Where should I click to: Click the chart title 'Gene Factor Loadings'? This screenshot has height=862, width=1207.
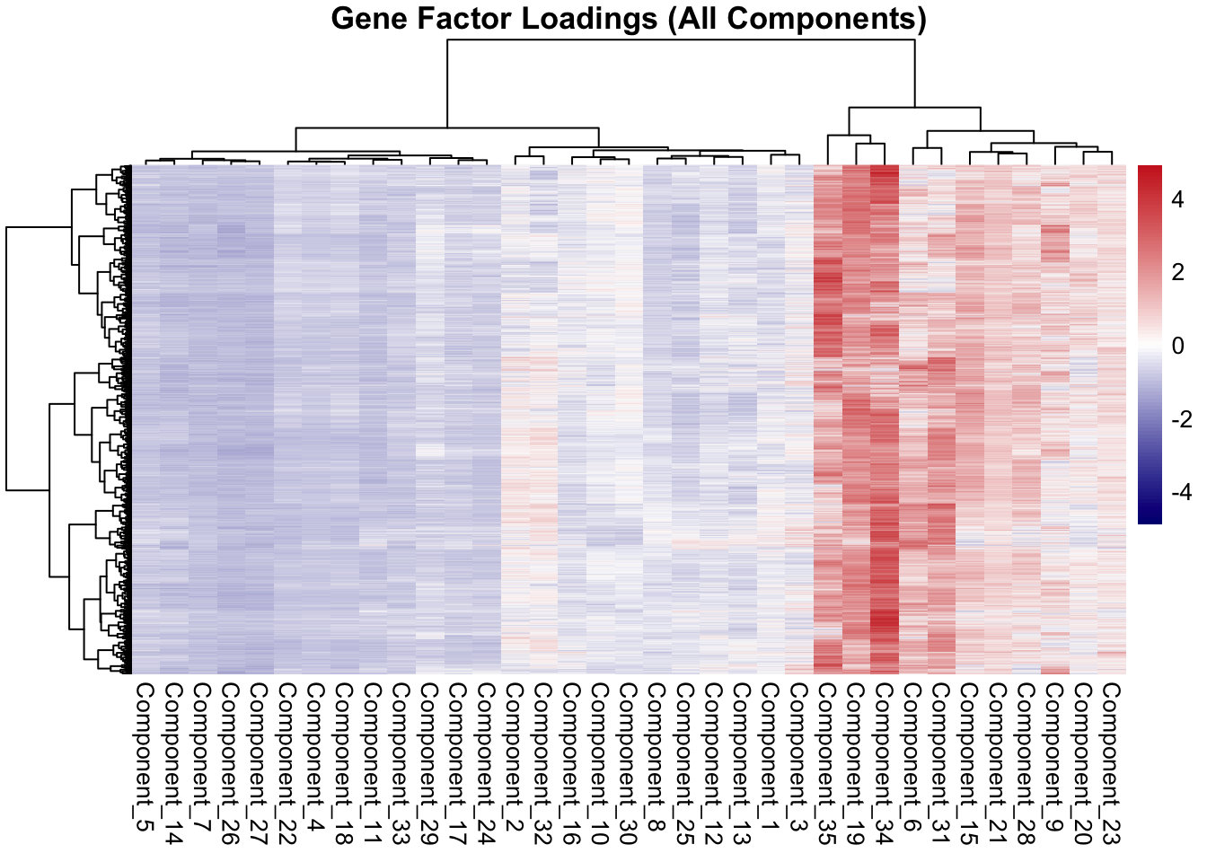click(x=629, y=18)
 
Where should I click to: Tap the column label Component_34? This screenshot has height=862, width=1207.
click(x=885, y=763)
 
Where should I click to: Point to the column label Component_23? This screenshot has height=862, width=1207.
click(x=1112, y=763)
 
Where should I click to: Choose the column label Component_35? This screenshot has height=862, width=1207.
click(x=828, y=763)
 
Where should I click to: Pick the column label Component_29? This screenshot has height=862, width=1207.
click(x=429, y=763)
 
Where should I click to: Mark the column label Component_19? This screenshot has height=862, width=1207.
click(x=856, y=763)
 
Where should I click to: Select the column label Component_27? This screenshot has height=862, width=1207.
click(x=259, y=763)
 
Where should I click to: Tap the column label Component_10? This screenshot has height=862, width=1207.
click(x=600, y=763)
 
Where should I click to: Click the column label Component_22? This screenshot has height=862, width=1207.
click(x=287, y=763)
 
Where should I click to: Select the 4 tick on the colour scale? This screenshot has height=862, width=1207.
click(x=1177, y=199)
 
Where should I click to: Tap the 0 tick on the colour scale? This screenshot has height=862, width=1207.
click(x=1177, y=346)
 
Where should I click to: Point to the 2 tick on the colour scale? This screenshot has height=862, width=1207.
click(x=1177, y=273)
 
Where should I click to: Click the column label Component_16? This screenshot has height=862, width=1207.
click(x=571, y=763)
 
